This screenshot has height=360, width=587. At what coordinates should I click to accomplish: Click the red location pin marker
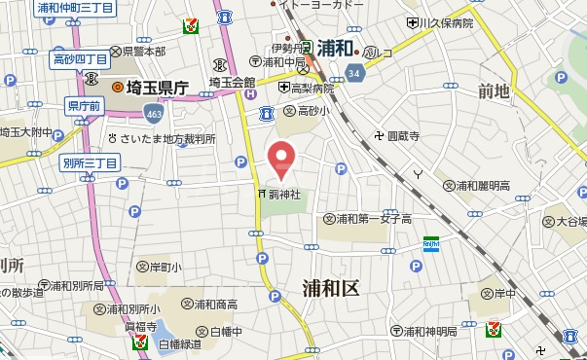tap(282, 159)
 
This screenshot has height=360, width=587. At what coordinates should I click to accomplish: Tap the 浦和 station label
tap(334, 48)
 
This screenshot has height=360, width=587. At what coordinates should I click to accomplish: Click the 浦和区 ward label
tap(331, 288)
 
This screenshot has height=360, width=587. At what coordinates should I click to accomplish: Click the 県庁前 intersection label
tap(83, 104)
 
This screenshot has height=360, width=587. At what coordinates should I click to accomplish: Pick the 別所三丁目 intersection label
tap(90, 162)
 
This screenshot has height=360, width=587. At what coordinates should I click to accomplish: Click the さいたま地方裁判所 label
tap(167, 138)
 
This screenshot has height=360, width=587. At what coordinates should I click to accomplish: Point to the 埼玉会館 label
tap(232, 83)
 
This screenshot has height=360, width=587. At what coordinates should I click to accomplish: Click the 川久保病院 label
tap(448, 21)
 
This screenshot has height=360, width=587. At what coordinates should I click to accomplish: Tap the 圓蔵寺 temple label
tap(402, 137)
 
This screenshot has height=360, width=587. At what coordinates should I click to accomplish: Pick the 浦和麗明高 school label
tap(479, 185)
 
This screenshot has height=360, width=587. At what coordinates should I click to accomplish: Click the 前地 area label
tap(494, 91)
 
